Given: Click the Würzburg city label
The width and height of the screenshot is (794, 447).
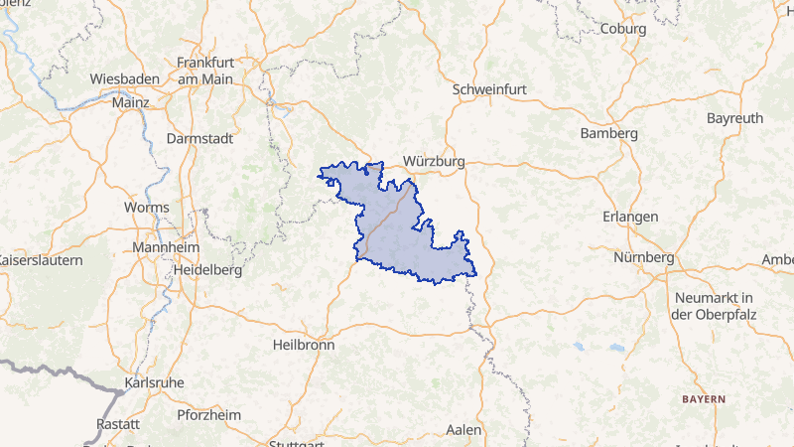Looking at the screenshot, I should (435, 161).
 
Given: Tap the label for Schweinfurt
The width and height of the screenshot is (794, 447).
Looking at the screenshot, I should (488, 88).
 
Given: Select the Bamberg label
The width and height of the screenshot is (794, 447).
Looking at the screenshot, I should (609, 133).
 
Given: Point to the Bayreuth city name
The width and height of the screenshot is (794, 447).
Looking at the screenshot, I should (734, 118).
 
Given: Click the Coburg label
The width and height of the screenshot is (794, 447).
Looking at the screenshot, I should (623, 29).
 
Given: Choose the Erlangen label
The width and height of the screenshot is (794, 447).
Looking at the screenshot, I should (630, 217).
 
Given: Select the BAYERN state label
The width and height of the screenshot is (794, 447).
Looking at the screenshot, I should (703, 398).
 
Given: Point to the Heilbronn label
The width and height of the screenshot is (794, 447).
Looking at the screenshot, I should (303, 345).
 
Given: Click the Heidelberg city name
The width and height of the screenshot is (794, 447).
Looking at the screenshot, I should (207, 269).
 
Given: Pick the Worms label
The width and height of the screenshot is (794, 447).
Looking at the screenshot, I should (146, 208).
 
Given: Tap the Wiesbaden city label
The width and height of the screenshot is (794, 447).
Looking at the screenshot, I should (125, 78).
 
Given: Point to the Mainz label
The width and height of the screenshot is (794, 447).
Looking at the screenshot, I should (130, 101).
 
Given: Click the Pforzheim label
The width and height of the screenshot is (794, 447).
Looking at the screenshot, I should (209, 414).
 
